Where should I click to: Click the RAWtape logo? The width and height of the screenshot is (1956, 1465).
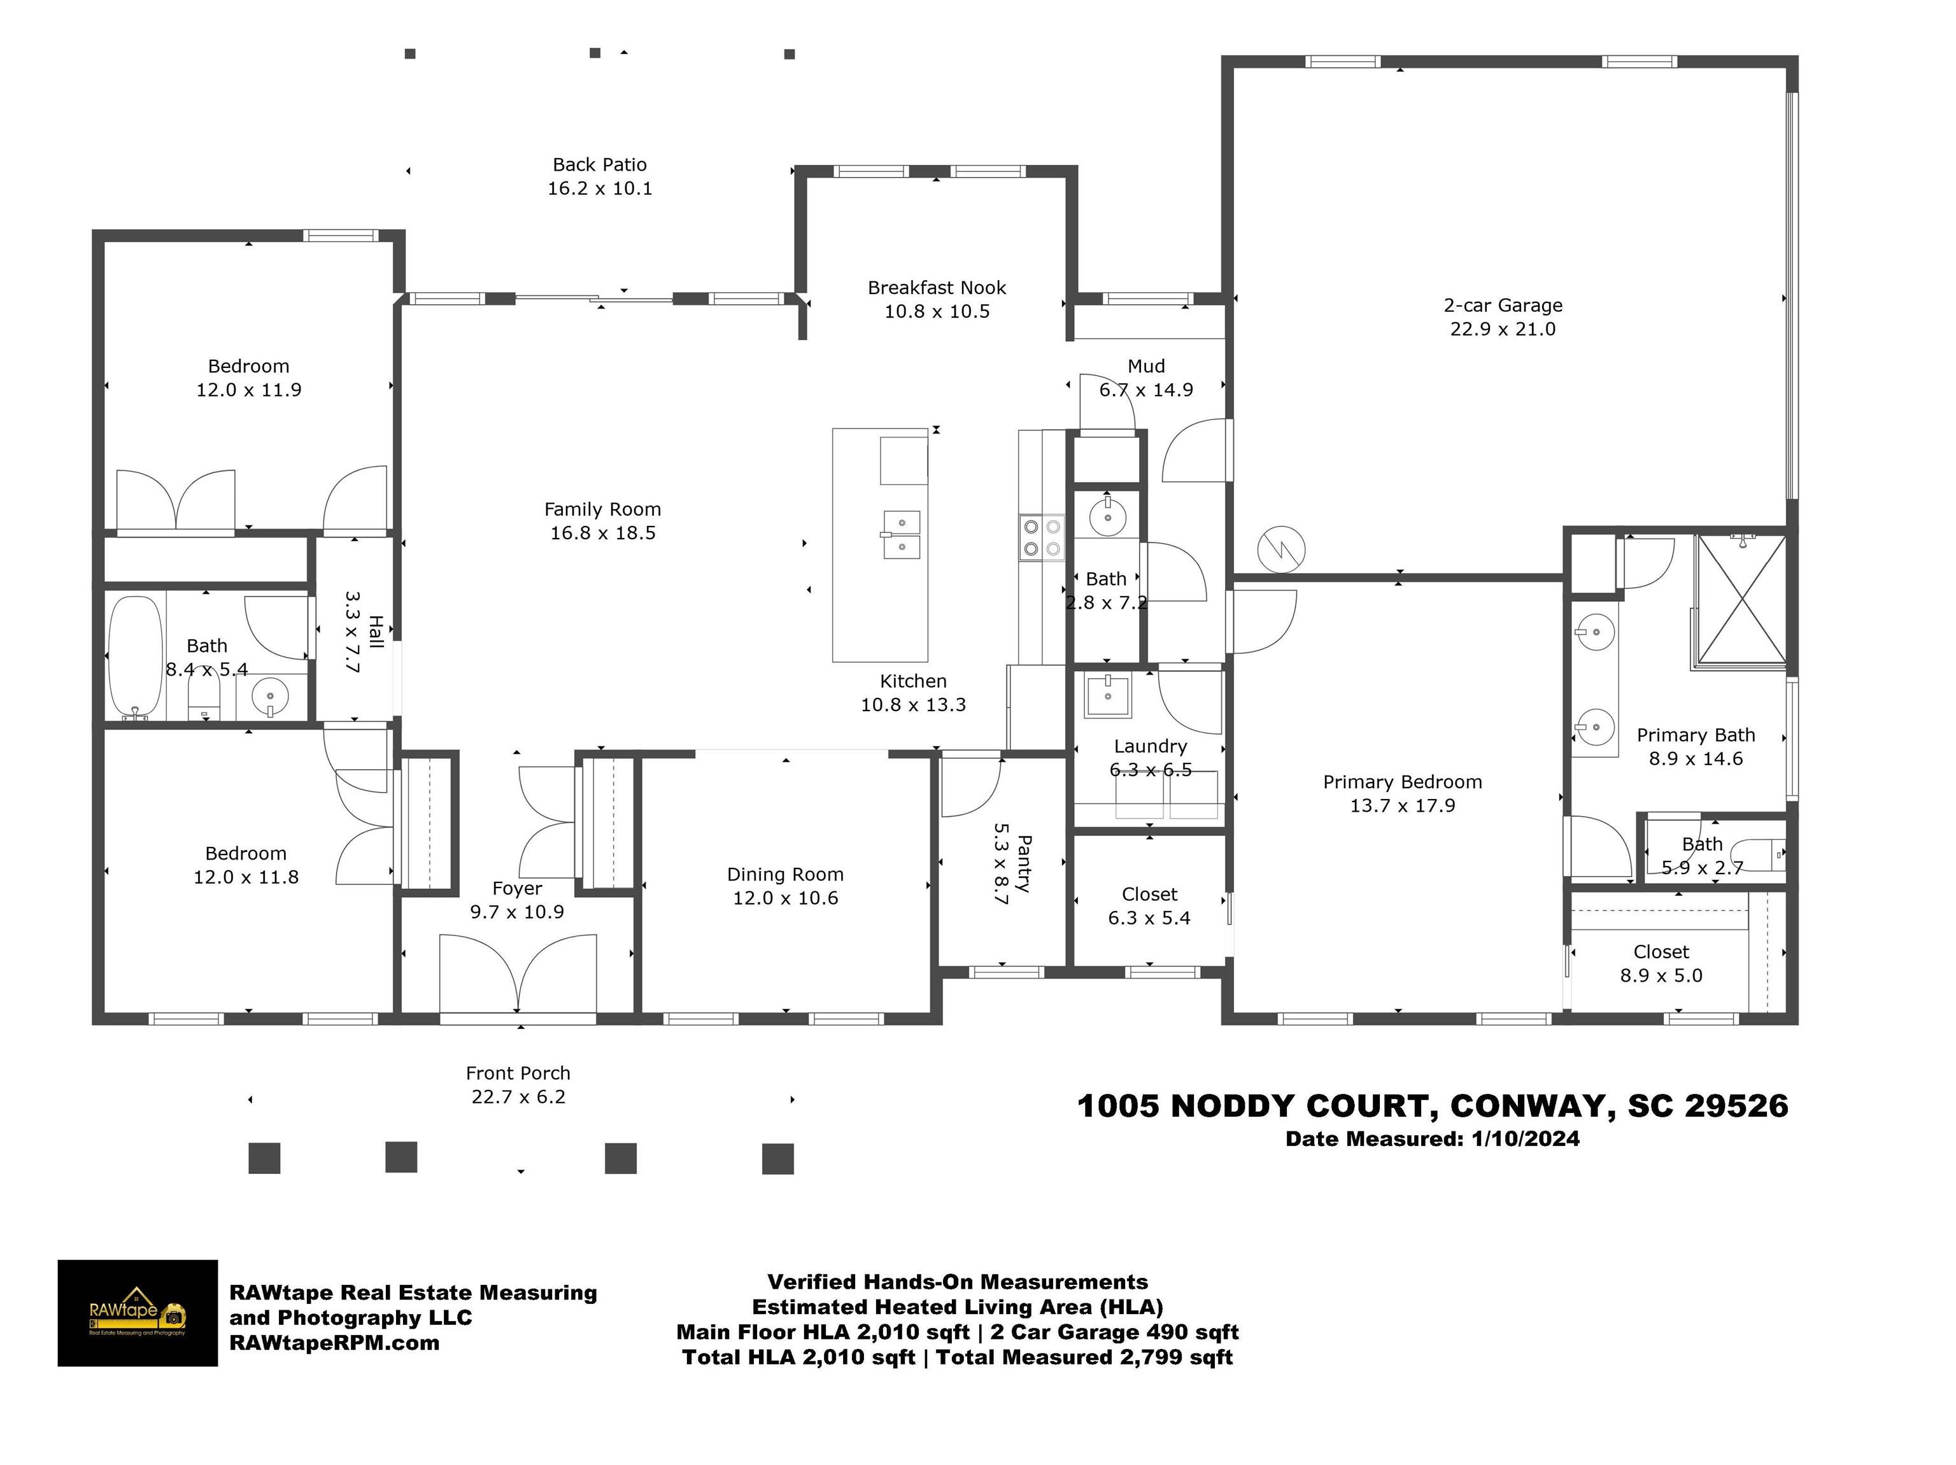(x=137, y=1312)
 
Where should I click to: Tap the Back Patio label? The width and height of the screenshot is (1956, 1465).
(x=600, y=164)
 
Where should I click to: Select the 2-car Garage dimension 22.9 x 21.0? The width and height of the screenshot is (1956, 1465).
(x=1503, y=329)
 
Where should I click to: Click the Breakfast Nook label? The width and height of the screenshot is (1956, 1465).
(x=937, y=287)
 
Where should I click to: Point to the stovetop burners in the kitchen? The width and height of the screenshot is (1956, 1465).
(x=1042, y=537)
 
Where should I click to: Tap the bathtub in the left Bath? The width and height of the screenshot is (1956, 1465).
(x=135, y=657)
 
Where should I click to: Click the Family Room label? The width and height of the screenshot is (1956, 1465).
(x=602, y=509)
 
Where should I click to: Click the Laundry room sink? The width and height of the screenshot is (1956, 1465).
(x=1108, y=695)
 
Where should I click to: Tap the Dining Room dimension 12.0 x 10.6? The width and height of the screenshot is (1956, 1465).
(x=785, y=898)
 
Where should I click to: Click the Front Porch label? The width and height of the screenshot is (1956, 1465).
(x=518, y=1073)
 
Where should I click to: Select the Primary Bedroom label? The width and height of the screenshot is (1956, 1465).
(x=1403, y=782)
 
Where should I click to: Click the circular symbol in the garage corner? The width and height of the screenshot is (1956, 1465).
(x=1281, y=549)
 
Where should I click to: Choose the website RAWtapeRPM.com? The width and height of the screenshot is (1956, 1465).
(x=334, y=1343)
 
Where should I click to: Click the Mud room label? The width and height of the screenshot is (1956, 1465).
(x=1146, y=366)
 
